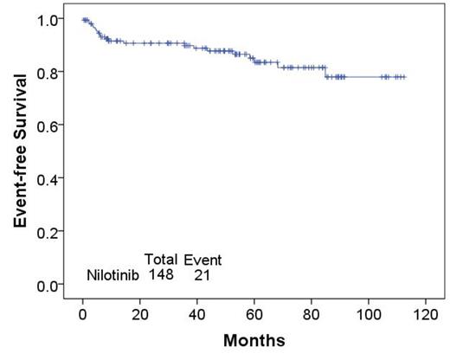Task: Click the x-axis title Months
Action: click(254, 341)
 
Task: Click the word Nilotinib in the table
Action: click(113, 275)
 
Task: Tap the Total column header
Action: click(161, 259)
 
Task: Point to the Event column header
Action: click(202, 260)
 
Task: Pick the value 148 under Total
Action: click(161, 275)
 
